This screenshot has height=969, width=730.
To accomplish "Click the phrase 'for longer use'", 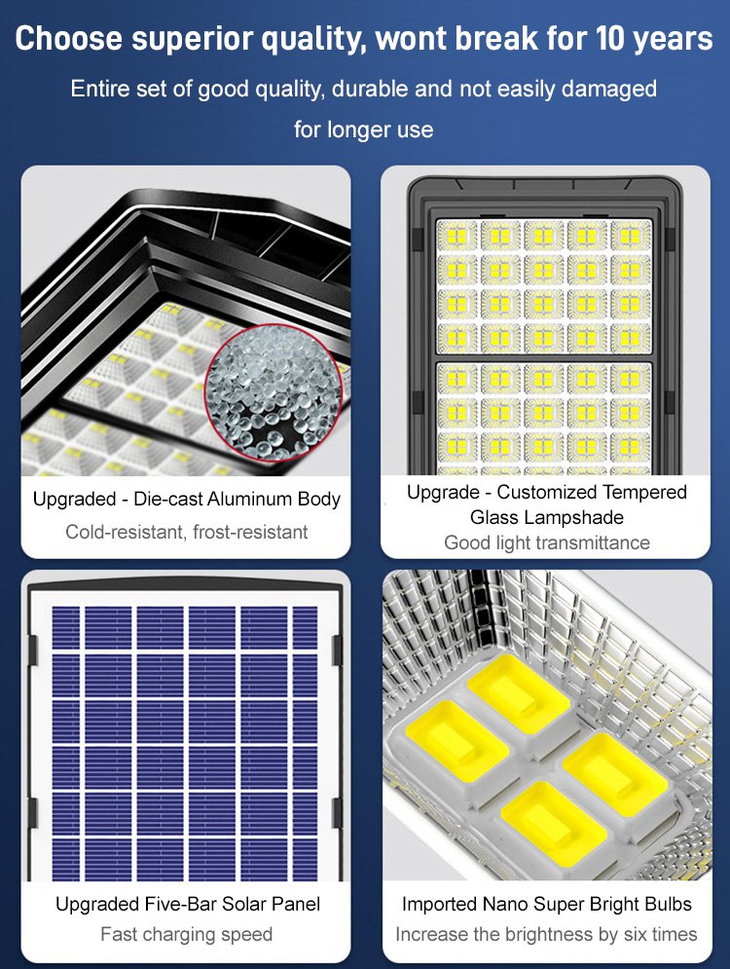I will click(x=364, y=130).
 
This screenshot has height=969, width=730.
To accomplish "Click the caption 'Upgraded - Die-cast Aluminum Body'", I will click(x=186, y=500).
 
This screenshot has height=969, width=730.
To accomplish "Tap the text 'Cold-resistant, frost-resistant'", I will click(x=186, y=532).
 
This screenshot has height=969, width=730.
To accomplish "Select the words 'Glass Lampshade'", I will click(x=546, y=517).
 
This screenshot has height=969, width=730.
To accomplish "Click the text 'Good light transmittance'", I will click(x=546, y=542).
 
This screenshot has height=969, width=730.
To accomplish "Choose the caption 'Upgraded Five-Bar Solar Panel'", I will click(x=187, y=904).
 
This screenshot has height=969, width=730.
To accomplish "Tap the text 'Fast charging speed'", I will click(x=186, y=935).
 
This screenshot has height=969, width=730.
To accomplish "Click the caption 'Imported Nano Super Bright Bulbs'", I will click(x=546, y=904).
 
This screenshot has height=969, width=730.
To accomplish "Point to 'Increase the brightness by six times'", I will click(x=546, y=935).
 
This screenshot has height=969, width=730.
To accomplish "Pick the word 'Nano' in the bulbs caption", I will click(x=499, y=904).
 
